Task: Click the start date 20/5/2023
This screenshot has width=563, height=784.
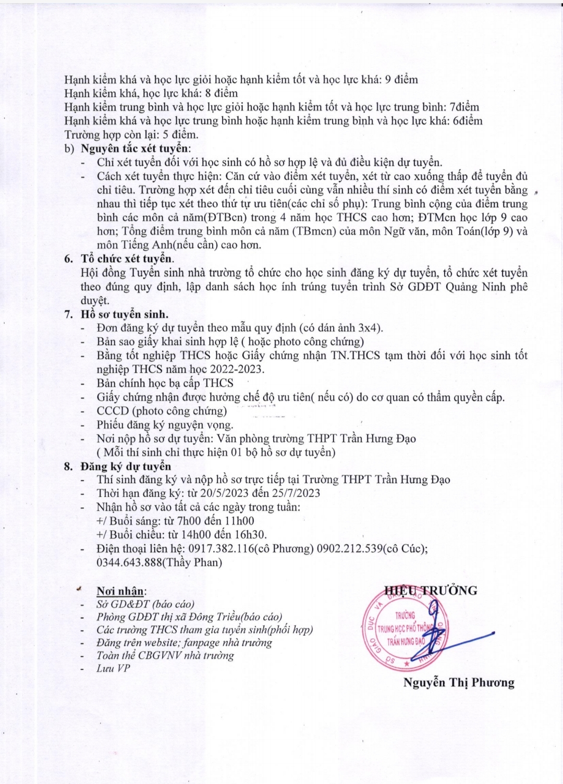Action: (x=227, y=493)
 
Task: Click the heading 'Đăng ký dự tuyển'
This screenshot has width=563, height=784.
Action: (x=126, y=466)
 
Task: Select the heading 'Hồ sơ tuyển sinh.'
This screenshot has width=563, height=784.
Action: (x=124, y=314)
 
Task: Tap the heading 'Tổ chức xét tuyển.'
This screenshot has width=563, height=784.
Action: (x=127, y=259)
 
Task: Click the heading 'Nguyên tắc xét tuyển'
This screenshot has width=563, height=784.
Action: (x=135, y=149)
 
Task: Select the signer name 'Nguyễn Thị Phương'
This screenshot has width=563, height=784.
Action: (x=459, y=682)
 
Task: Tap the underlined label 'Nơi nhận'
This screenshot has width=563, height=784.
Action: (x=120, y=591)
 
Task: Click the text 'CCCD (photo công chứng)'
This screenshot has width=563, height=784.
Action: (x=162, y=411)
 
